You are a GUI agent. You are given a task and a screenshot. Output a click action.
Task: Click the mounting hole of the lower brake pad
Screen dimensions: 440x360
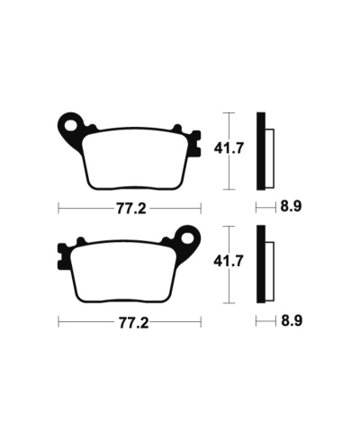point(190,238)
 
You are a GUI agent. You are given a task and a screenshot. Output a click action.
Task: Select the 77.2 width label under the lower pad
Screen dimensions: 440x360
point(130,320)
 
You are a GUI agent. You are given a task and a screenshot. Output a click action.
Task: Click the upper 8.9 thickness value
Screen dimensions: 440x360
point(290,206)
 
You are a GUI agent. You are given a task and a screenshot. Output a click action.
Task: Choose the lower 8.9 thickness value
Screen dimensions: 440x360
point(290,320)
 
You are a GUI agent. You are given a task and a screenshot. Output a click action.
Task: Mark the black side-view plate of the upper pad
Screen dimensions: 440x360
point(261,151)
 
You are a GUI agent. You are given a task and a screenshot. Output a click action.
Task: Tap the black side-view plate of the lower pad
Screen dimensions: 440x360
point(261,265)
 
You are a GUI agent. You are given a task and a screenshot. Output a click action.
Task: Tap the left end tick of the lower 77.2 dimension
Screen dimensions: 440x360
point(58,320)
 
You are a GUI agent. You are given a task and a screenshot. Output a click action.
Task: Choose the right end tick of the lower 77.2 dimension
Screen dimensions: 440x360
point(201,320)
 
